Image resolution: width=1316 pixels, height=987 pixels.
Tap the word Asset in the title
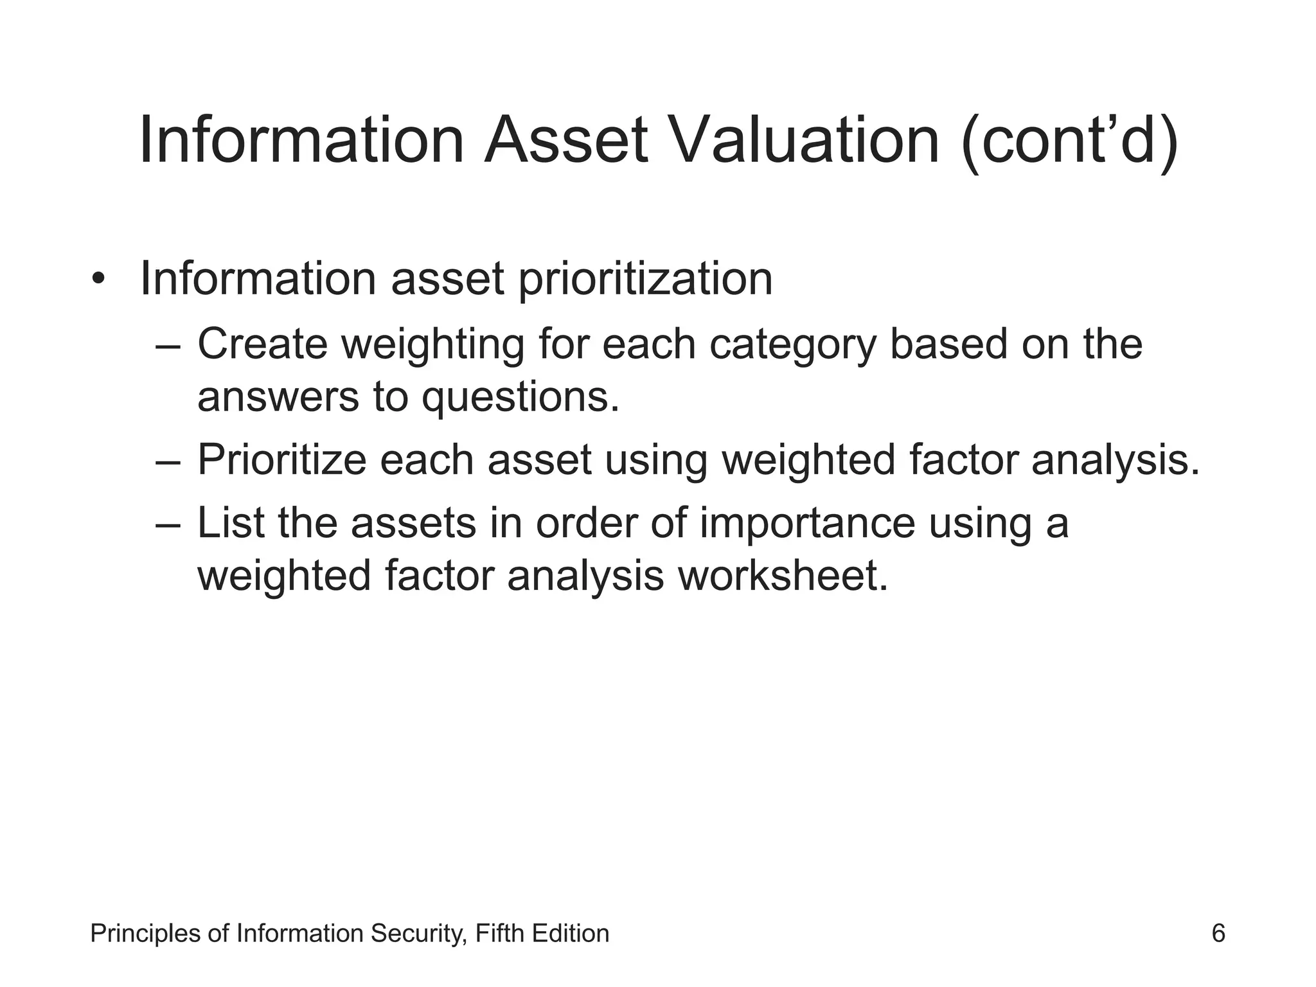565,141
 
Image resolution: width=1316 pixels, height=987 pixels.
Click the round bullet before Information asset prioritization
98,280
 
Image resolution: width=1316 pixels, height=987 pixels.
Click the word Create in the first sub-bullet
262,344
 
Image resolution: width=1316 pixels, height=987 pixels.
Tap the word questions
520,398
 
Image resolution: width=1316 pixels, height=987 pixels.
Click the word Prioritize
281,460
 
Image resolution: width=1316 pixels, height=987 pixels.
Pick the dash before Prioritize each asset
169,461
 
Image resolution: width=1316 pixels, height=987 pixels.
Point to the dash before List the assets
169,524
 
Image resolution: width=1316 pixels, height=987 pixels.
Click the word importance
807,524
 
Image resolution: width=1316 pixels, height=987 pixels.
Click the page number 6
1218,933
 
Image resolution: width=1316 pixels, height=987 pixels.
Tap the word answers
278,398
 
